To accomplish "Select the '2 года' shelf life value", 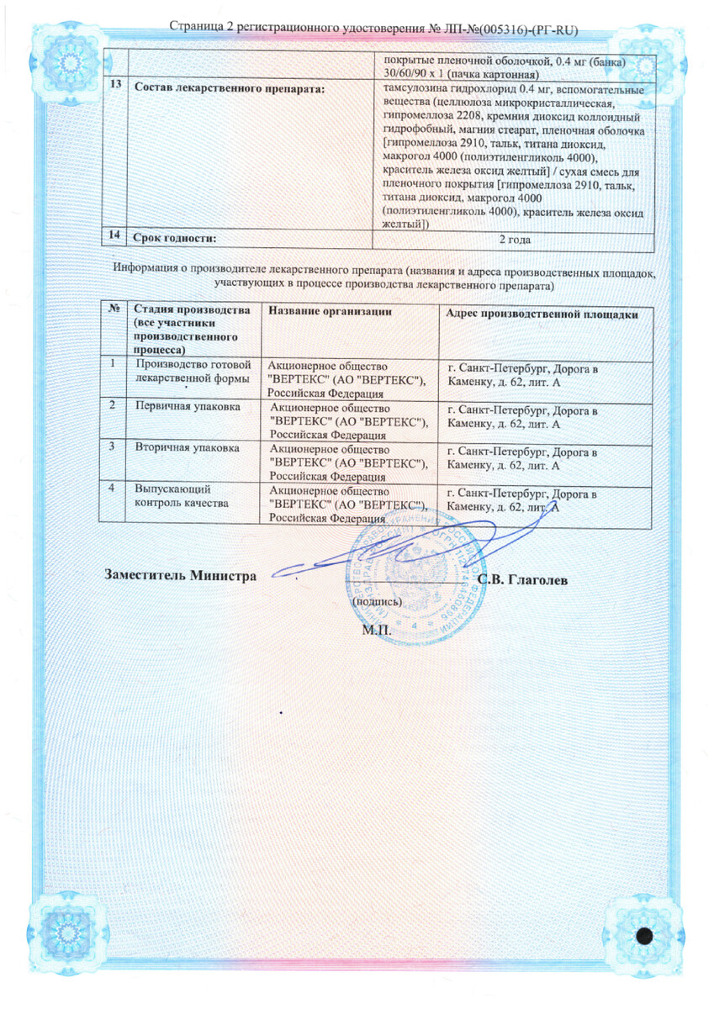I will (514, 240).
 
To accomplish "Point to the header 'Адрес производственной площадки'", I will (547, 314).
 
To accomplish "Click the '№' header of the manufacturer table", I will (114, 310).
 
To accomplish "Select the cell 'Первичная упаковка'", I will (188, 406).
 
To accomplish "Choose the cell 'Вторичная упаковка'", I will (188, 447).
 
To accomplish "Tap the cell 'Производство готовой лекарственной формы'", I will (193, 372).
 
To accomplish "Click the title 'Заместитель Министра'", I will (180, 576).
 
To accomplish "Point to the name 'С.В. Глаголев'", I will (522, 581).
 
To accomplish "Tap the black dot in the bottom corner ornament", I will (646, 936).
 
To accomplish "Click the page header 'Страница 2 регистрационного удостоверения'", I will (303, 27).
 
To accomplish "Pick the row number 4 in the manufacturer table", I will (112, 488).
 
